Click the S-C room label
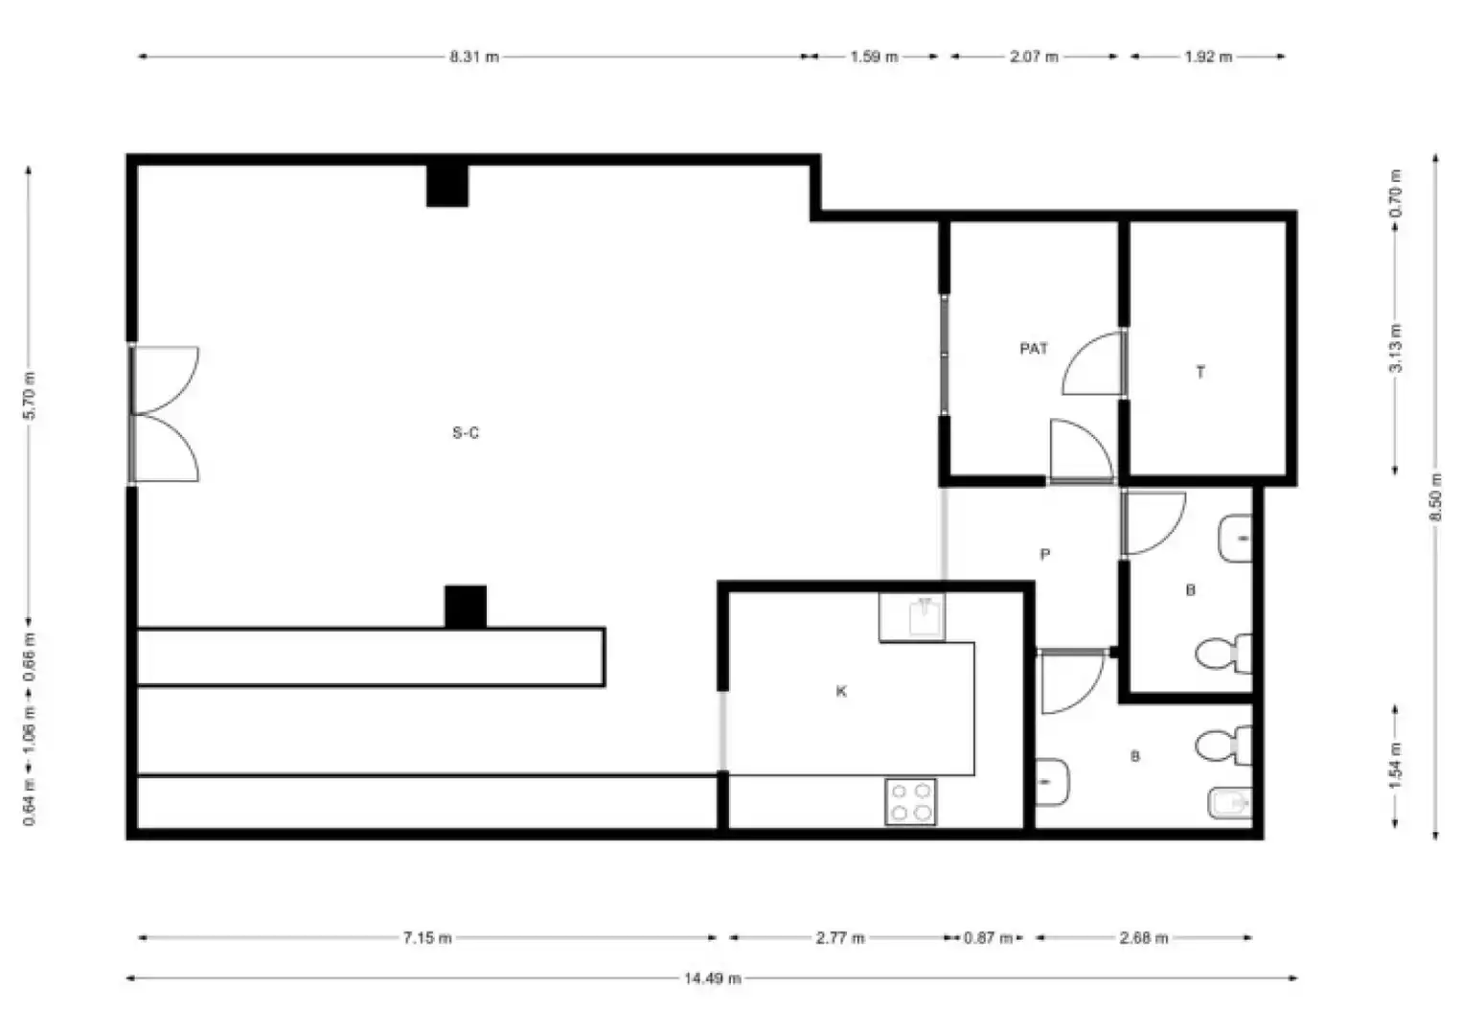coord(466,432)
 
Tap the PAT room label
coord(1034,349)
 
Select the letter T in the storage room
coord(1199,372)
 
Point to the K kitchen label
coord(841,691)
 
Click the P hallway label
coord(1045,554)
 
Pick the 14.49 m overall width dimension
coord(712,978)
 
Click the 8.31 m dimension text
coord(474,57)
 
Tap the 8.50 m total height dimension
coord(1435,497)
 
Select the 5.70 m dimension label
coord(30,396)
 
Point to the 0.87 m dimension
coord(988,937)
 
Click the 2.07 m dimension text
coord(1034,57)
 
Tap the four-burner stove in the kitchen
coord(910,801)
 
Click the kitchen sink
coord(925,617)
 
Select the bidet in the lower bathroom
coord(1230,802)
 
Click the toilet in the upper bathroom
coord(1223,653)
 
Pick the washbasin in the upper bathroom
coord(1236,539)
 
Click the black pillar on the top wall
coord(447,186)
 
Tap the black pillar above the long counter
coord(466,607)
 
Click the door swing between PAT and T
coord(1092,363)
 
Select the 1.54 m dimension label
coord(1395,766)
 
